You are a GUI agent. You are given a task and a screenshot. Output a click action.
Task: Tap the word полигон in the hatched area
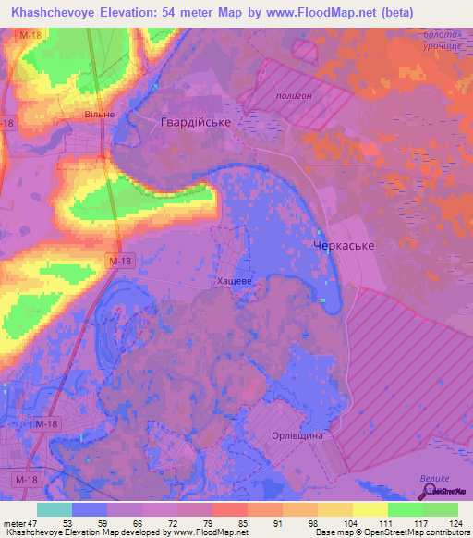click(296, 94)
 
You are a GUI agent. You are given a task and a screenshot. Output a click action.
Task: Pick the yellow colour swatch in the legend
click(370, 508)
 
